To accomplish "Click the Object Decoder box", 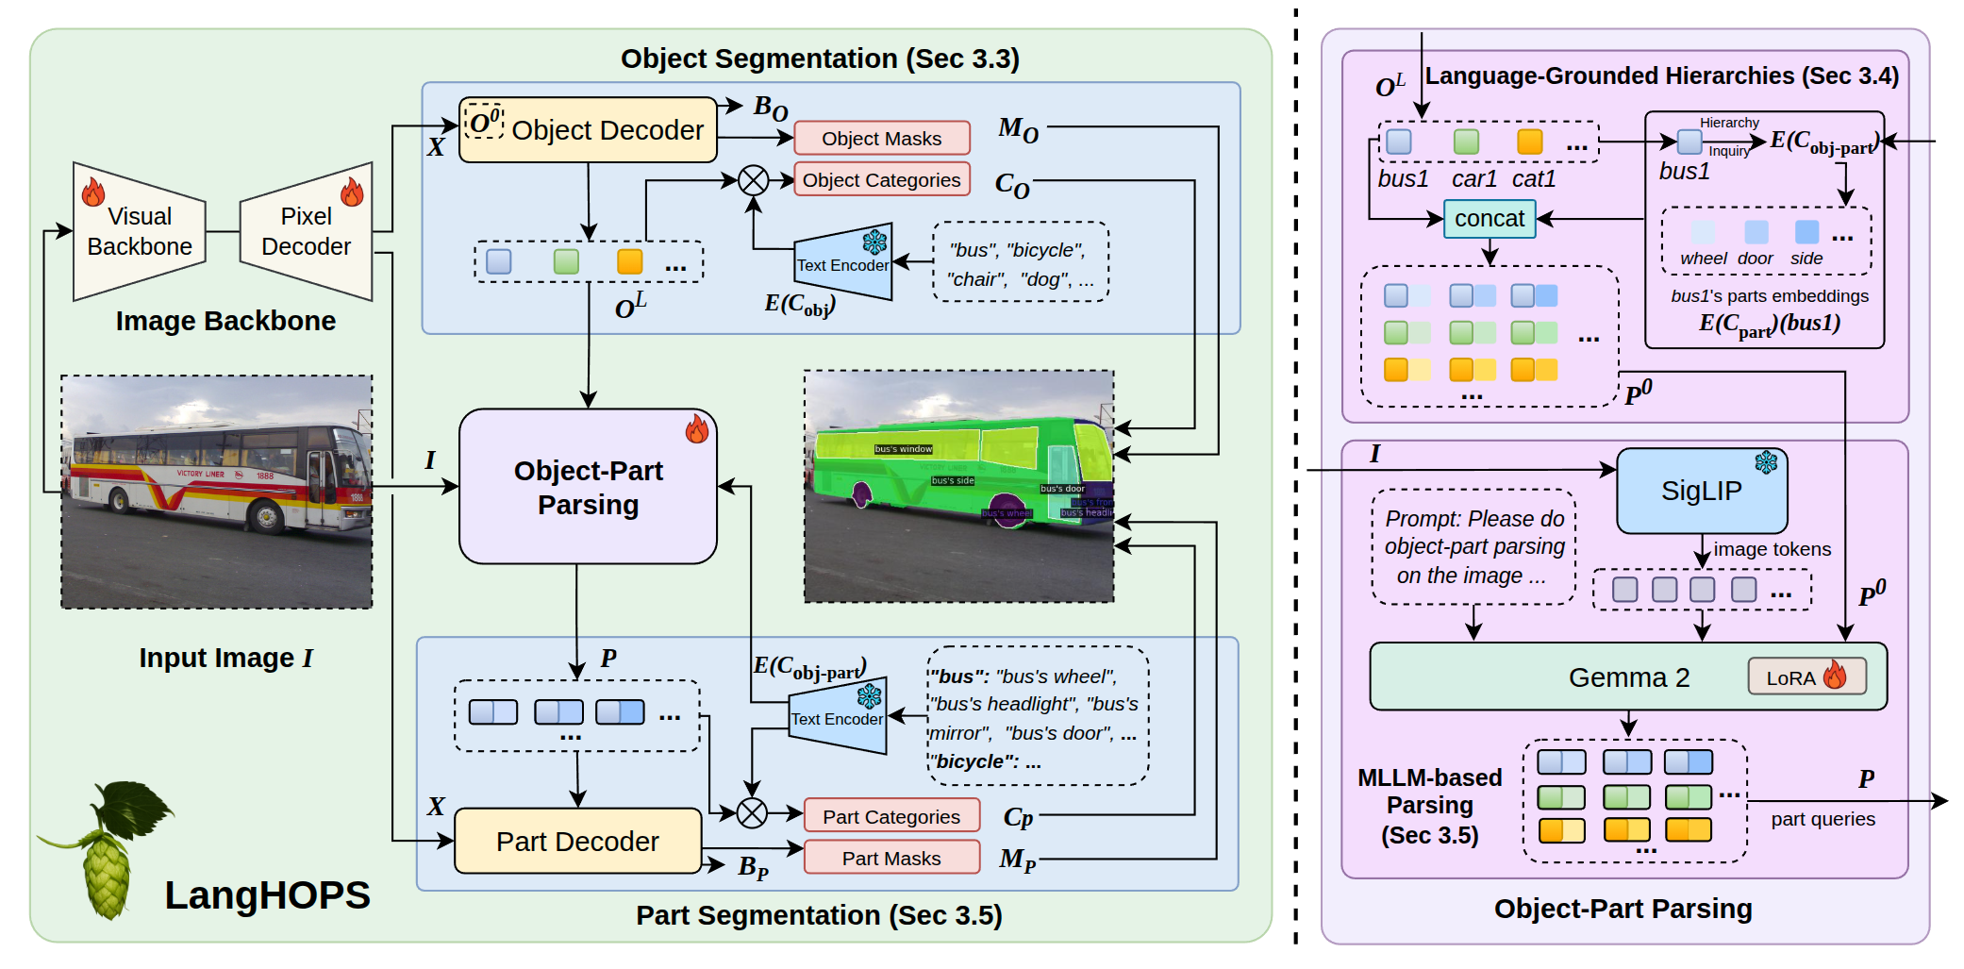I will [588, 130].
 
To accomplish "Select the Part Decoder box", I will [577, 841].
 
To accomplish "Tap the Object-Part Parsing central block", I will [588, 487].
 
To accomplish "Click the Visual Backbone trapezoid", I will [140, 231].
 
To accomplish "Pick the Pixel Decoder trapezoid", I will [307, 231].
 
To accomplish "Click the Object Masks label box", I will [881, 139].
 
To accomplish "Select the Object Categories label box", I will [881, 180].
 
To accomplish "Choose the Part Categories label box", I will [890, 816].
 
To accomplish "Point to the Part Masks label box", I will [890, 858].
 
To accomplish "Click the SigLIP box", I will [1701, 491].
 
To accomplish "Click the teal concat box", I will [1490, 219].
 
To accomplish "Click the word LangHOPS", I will [267, 895].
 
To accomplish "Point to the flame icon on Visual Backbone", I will [92, 192].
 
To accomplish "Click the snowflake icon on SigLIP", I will [1766, 462].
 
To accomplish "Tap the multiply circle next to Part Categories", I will [752, 812].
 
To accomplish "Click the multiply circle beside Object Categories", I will [753, 180].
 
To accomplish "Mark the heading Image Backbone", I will [225, 321].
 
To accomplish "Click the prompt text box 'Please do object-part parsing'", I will [1473, 547].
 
